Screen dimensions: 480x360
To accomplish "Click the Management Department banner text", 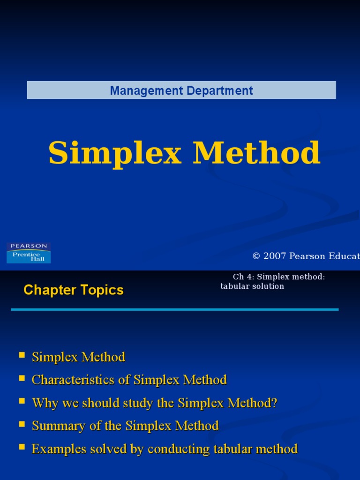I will coord(181,90).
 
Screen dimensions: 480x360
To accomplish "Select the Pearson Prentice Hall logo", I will coord(29,253).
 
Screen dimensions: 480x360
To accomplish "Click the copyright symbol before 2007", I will coord(256,256).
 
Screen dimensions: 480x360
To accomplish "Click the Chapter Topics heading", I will coord(74,290).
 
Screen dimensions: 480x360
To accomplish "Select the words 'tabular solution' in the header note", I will coord(252,286).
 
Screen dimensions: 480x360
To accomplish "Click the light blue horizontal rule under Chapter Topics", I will coord(174,309).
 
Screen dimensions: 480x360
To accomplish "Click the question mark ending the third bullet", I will coord(275,403).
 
